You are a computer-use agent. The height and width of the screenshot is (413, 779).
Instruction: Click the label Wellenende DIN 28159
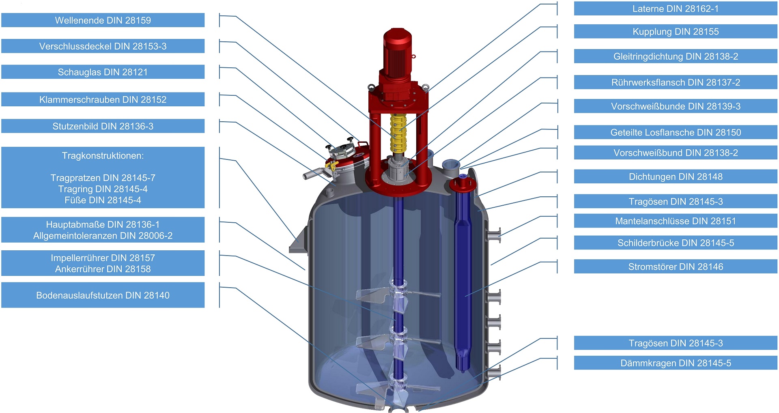103,20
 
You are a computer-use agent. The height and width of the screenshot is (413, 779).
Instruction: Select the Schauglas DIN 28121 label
103,72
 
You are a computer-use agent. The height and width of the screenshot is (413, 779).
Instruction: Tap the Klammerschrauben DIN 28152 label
103,100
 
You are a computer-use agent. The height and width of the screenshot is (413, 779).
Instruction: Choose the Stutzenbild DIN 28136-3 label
103,126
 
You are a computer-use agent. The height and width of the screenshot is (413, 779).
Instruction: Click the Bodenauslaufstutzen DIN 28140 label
103,295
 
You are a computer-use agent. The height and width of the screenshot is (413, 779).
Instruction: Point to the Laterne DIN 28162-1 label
676,9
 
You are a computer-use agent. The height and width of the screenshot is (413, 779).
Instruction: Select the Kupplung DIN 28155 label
676,32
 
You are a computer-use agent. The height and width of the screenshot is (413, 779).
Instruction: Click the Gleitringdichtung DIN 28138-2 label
676,56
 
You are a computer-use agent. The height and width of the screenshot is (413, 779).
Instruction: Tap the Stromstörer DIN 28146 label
676,267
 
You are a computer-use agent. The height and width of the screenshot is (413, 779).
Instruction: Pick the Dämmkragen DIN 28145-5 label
676,363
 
